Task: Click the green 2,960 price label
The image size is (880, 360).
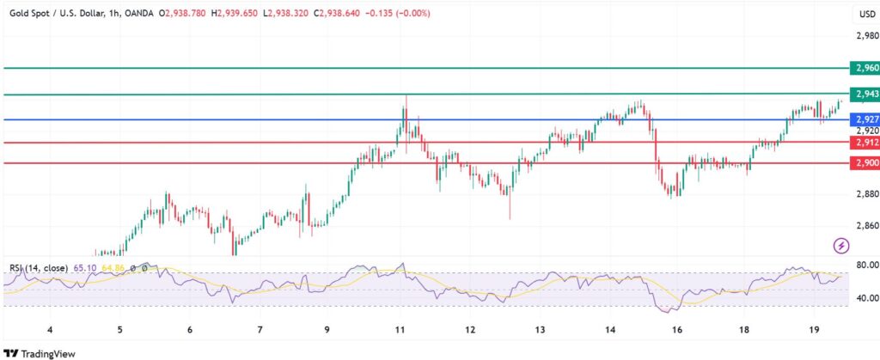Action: tap(864, 68)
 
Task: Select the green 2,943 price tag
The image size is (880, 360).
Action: tap(864, 95)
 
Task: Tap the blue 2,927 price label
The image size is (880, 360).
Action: tap(864, 119)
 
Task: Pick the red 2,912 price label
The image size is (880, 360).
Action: tap(864, 143)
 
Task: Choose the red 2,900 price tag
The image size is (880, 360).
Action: tap(864, 163)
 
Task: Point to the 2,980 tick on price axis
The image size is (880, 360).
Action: tap(866, 36)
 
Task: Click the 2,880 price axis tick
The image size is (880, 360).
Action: tap(866, 194)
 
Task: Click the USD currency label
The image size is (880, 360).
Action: tap(866, 15)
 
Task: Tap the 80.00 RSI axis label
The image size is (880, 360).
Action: tap(866, 265)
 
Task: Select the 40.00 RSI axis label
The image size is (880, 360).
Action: tap(866, 298)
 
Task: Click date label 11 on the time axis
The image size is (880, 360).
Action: tap(400, 330)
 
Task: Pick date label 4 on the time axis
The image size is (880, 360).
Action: tap(50, 330)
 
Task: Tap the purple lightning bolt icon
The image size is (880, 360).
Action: tap(841, 247)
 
